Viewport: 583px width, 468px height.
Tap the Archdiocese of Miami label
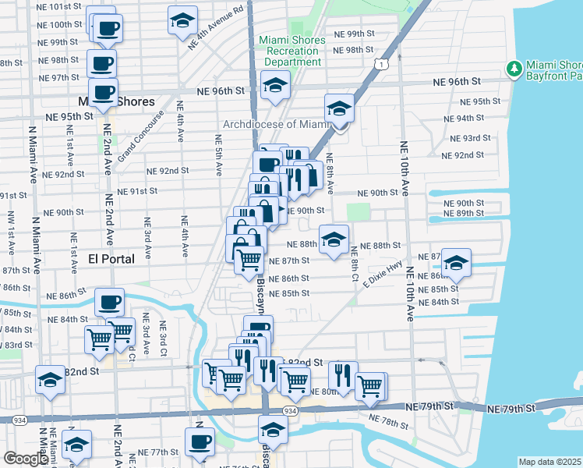(277, 124)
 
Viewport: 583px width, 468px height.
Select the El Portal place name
(111, 258)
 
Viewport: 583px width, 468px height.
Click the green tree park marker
(514, 69)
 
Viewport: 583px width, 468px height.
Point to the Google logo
(26, 458)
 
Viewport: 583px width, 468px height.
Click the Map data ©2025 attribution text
(550, 462)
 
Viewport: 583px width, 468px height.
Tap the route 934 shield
(290, 411)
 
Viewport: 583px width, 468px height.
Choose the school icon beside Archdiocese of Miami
(339, 108)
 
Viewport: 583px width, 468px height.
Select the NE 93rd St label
(471, 137)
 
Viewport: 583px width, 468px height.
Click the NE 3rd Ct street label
(164, 337)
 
